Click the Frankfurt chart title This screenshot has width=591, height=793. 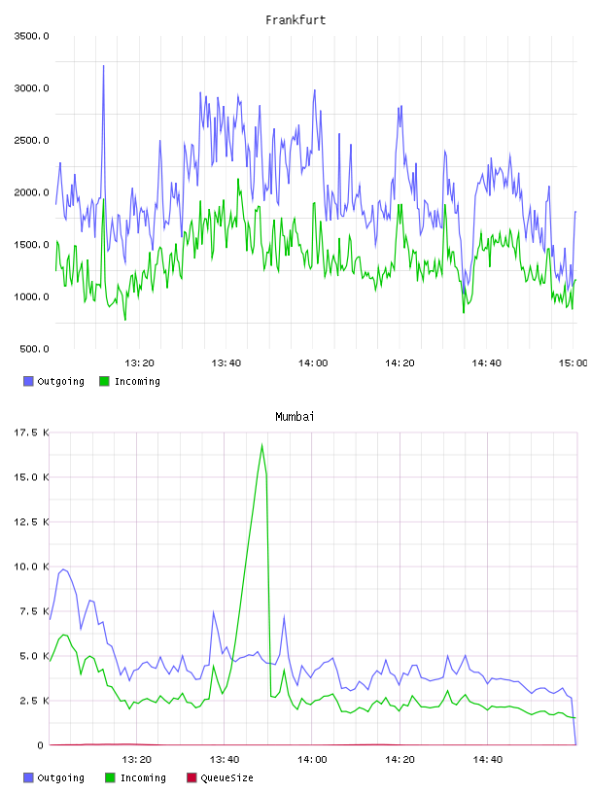point(295,20)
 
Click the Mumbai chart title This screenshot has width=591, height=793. point(295,417)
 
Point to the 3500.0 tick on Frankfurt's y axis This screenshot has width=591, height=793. point(31,36)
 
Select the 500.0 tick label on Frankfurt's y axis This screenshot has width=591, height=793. point(34,349)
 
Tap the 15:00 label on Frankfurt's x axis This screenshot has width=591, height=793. point(573,362)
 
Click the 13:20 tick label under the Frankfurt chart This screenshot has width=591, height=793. point(139,362)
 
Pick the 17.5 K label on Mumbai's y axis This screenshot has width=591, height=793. point(31,432)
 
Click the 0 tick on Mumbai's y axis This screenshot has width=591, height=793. point(40,745)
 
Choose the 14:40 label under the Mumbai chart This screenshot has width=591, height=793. point(487,759)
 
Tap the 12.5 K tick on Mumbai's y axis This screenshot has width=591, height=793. point(31,522)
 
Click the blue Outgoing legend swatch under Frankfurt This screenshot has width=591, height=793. point(28,381)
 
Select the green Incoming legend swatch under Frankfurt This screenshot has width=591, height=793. point(104,381)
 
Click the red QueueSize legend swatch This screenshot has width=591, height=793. point(191,777)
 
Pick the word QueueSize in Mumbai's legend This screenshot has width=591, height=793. point(226,777)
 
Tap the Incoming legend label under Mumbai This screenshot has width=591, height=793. point(143,777)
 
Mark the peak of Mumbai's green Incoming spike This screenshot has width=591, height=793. point(261,444)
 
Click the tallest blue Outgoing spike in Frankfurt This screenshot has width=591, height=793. point(103,66)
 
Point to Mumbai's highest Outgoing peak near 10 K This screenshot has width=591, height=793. point(63,569)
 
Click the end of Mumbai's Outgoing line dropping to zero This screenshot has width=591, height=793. point(575,744)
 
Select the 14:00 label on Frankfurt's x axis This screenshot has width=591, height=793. point(313,362)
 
